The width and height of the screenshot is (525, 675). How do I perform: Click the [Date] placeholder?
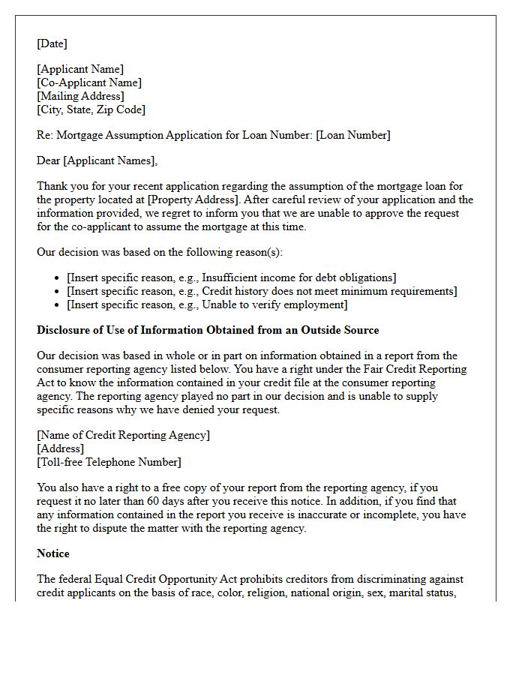click(52, 43)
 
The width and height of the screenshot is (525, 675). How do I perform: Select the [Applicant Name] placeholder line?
click(80, 69)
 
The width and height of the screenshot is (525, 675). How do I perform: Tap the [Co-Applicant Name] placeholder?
click(89, 82)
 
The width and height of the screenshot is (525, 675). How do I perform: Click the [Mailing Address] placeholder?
click(80, 96)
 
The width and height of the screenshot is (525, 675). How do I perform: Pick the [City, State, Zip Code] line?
click(91, 109)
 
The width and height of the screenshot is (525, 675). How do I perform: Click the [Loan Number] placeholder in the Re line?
click(352, 135)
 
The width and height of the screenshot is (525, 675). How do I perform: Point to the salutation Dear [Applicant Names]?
click(97, 160)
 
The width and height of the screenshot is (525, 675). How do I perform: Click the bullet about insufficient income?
click(232, 277)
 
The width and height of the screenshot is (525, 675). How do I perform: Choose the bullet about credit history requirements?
click(262, 291)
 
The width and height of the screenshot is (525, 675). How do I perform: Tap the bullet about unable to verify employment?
click(207, 304)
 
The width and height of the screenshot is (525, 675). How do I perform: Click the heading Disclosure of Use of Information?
click(208, 330)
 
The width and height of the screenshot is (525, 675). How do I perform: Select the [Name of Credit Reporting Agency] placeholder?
click(123, 435)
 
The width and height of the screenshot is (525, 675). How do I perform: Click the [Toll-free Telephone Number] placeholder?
click(109, 462)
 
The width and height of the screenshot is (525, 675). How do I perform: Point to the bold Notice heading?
click(53, 553)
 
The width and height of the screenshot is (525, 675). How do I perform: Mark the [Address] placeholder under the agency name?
click(61, 448)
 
